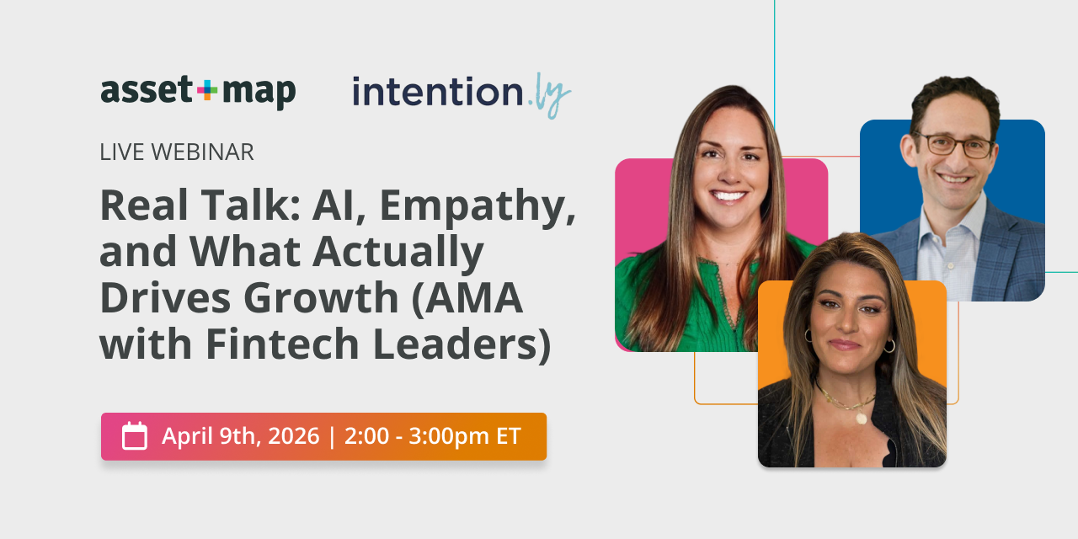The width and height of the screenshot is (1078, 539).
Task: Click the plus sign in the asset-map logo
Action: pos(206,89)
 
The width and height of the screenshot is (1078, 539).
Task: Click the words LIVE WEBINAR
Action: pos(177,152)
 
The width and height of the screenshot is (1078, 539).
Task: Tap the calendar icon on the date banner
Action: pos(135,436)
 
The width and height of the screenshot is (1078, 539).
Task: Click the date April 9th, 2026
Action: pos(241,436)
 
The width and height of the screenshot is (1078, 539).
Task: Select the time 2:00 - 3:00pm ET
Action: pos(432,436)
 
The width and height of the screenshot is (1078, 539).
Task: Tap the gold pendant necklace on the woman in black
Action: pos(860,417)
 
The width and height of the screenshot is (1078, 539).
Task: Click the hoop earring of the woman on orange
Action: pos(889,345)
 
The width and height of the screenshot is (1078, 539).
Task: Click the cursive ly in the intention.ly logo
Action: pos(552,94)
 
